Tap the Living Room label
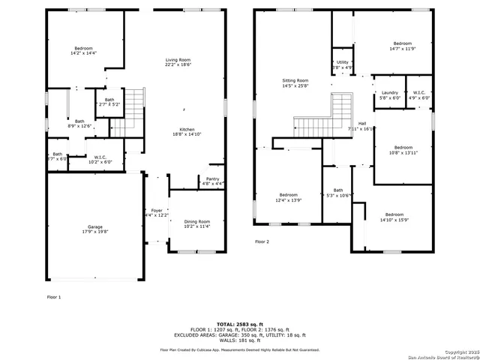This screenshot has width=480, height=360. click(178, 60)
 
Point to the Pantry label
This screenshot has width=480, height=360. click(212, 178)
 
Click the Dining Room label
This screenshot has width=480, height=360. click(196, 220)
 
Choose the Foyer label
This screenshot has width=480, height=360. click(157, 210)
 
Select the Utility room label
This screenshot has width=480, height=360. click(342, 62)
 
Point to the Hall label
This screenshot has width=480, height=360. click(361, 123)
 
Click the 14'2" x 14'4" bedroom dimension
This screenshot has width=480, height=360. click(83, 52)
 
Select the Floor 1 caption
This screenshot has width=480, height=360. click(54, 297)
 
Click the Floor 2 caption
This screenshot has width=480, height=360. click(262, 241)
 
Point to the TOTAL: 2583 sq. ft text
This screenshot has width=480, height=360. click(239, 320)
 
